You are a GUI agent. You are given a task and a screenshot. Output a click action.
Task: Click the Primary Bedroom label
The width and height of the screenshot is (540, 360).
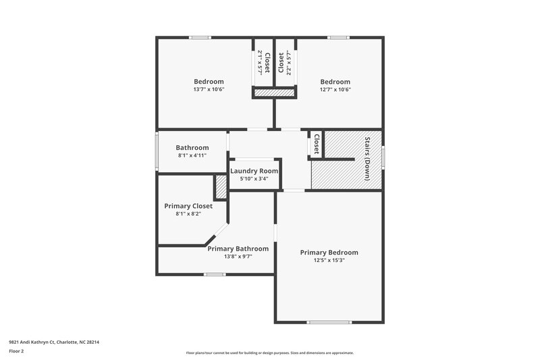(329, 252)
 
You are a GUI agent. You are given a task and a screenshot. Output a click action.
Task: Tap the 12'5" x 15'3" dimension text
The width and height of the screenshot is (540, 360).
(329, 260)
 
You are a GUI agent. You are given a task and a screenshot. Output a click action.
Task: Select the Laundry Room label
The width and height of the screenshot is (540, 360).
(254, 171)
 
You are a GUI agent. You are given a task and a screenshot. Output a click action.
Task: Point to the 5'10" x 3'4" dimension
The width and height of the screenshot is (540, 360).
(254, 179)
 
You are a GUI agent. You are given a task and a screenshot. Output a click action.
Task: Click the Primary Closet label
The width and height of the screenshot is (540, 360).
(188, 205)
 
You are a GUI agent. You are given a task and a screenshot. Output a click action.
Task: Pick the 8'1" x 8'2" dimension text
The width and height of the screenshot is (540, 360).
(188, 213)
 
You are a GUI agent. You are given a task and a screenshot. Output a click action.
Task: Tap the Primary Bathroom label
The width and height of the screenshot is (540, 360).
(238, 249)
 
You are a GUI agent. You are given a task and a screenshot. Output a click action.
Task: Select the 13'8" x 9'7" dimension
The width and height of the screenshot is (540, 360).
(238, 257)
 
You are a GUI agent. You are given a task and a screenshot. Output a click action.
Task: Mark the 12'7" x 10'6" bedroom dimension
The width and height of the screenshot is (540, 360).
(335, 89)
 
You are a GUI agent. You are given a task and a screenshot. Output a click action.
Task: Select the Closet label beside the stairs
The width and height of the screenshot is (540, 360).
(316, 144)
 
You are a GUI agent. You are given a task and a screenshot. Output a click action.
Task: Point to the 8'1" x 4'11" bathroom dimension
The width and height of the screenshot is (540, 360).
(192, 155)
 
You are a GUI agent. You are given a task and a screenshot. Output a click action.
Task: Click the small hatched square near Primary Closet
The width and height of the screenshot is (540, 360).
(220, 186)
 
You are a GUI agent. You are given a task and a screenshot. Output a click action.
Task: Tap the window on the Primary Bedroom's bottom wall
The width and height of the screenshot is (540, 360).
(329, 322)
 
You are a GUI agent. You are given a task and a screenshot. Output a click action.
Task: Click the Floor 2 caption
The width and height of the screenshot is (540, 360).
(16, 352)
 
